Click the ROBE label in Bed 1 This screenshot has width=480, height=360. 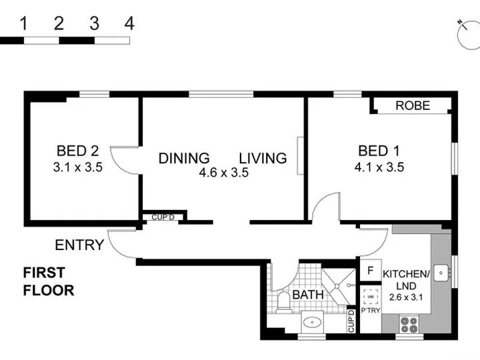tap(413, 105)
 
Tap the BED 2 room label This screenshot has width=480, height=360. tap(78, 151)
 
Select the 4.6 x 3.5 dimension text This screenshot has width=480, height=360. tap(224, 173)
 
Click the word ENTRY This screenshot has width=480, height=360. tap(79, 245)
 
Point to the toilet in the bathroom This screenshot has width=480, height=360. tap(283, 302)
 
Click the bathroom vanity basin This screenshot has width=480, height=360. tap(312, 322)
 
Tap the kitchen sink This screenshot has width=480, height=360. tap(441, 273)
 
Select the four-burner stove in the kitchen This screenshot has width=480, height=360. tap(409, 325)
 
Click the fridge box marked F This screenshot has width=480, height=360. tap(371, 270)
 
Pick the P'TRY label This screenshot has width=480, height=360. tap(371, 311)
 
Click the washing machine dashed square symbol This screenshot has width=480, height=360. tap(371, 297)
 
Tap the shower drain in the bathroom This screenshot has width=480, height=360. tap(337, 286)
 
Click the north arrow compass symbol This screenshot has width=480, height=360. tap(469, 35)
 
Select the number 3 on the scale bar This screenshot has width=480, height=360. tap(94, 23)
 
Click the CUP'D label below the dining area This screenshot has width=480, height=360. tap(163, 217)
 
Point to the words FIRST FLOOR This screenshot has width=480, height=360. tap(49, 281)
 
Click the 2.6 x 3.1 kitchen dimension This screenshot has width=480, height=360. tap(406, 297)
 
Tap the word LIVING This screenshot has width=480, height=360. tap(263, 158)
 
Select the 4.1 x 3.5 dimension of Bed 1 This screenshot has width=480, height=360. tap(379, 167)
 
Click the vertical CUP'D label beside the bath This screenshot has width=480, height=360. tap(351, 321)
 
